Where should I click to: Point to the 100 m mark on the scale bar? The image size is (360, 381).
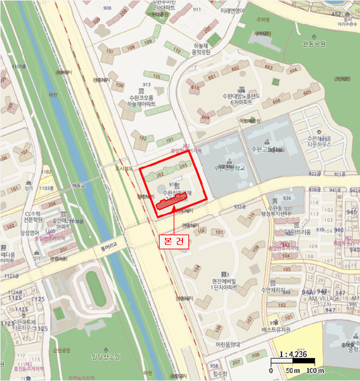tap(315, 370)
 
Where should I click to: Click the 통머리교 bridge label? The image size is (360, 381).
tap(112, 245)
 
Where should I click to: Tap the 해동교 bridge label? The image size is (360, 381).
tap(79, 186)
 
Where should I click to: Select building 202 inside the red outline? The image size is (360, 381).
tap(160, 175)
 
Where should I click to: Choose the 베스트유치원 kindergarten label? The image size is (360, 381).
tap(291, 330)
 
